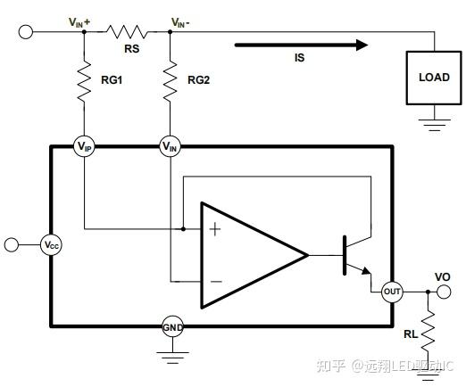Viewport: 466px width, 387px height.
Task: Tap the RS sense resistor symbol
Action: coord(127,32)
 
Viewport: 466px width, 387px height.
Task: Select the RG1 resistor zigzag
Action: coord(84,81)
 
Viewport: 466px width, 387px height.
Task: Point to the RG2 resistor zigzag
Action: coord(171,81)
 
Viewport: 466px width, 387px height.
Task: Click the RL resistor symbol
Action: coord(428,332)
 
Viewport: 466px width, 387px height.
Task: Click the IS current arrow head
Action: coord(362,45)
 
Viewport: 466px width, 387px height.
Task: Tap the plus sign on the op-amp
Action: coord(215,229)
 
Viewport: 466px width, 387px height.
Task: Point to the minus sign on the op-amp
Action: coord(216,281)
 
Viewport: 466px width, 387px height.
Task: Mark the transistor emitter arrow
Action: coord(366,270)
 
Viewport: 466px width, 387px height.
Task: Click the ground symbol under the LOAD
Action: coord(434,125)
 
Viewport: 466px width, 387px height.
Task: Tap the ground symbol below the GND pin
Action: coord(172,358)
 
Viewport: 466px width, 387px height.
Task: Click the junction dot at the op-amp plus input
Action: coord(183,229)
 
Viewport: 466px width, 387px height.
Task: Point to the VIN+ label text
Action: coord(79,22)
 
